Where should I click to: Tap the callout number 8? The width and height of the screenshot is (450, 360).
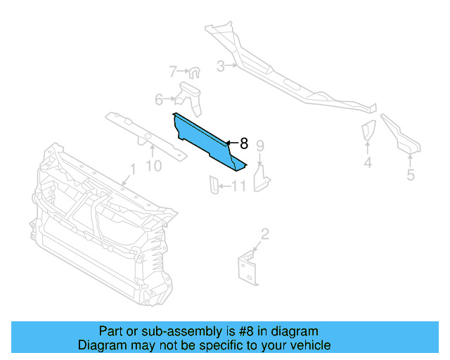(x=243, y=143)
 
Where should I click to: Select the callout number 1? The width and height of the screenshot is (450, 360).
(x=131, y=169)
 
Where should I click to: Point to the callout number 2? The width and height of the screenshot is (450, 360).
(x=264, y=233)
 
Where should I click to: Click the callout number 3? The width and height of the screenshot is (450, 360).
(x=220, y=67)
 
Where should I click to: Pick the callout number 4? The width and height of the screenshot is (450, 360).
(x=368, y=164)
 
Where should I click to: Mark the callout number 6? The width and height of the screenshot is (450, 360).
(x=159, y=99)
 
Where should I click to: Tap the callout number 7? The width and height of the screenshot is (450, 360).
(x=173, y=71)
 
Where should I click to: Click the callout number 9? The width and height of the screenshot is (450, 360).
(x=259, y=146)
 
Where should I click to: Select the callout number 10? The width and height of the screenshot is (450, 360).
(x=153, y=165)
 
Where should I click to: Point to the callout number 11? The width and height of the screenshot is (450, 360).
(x=238, y=186)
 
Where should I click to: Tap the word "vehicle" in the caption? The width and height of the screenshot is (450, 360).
(x=309, y=345)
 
